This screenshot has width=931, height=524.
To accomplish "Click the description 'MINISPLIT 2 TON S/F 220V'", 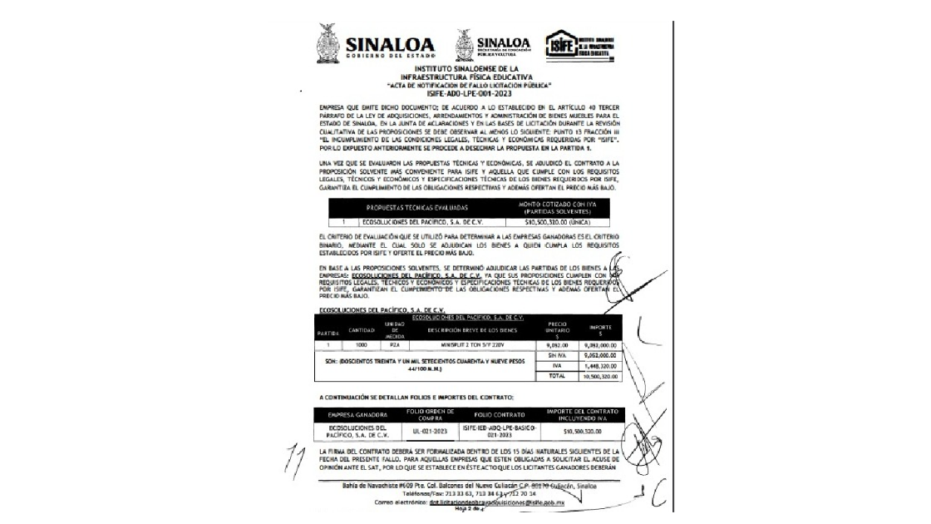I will (x=468, y=343).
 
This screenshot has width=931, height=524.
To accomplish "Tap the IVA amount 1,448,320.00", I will (x=599, y=364).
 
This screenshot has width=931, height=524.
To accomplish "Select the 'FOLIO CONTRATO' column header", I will (x=500, y=414).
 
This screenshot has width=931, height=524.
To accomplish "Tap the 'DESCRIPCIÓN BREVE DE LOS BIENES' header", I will (x=468, y=329).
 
